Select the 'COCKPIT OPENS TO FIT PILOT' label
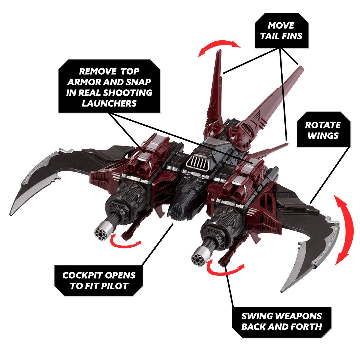coord(99,280)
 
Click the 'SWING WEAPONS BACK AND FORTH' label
coord(281,321)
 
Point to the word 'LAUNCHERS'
coord(110,103)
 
